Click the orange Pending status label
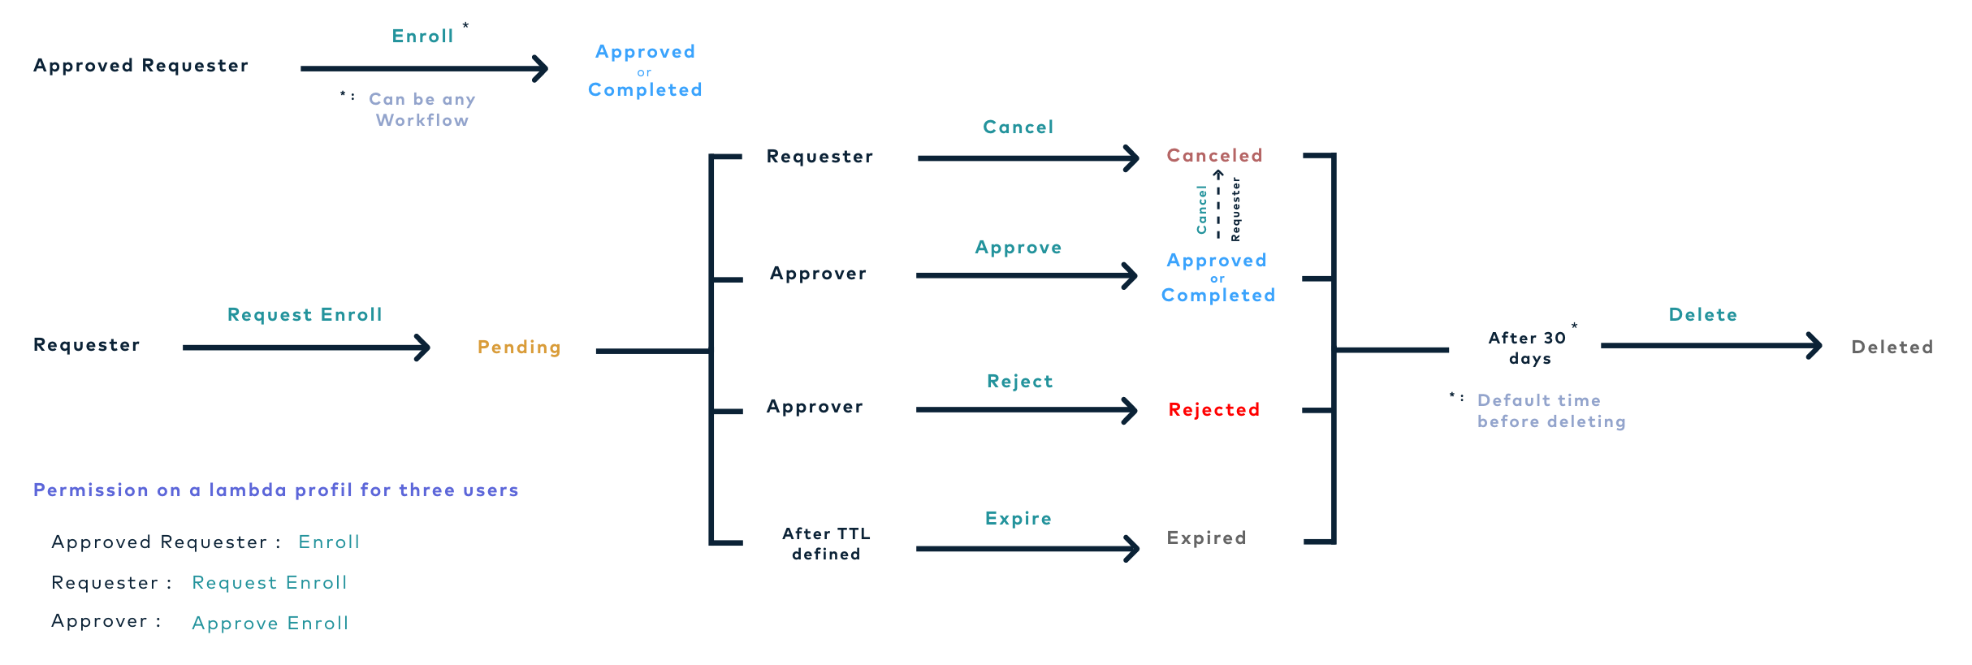pyautogui.click(x=519, y=348)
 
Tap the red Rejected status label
pyautogui.click(x=1213, y=410)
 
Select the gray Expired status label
pyautogui.click(x=1206, y=538)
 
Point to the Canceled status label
pyautogui.click(x=1214, y=155)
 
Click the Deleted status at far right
pyautogui.click(x=1892, y=348)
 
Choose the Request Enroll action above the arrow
pyautogui.click(x=305, y=315)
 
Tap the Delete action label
pyautogui.click(x=1702, y=315)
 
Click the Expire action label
pyautogui.click(x=1018, y=519)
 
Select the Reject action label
pyautogui.click(x=1020, y=382)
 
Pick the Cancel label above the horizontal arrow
pyautogui.click(x=1018, y=127)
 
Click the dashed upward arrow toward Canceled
pyautogui.click(x=1218, y=205)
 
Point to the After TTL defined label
pyautogui.click(x=826, y=544)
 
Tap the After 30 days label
pyautogui.click(x=1529, y=348)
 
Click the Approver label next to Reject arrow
pyautogui.click(x=815, y=407)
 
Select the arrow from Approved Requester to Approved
pyautogui.click(x=422, y=69)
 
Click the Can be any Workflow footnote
pyautogui.click(x=422, y=110)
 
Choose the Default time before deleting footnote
pyautogui.click(x=1550, y=411)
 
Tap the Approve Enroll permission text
pyautogui.click(x=270, y=624)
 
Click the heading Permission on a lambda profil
pyautogui.click(x=275, y=490)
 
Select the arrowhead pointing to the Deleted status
pyautogui.click(x=1814, y=346)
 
